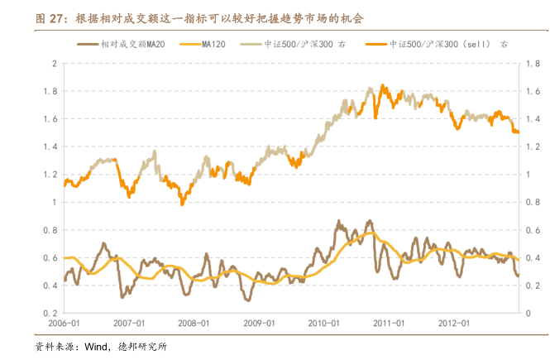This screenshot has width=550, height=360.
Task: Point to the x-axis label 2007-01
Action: pos(129,324)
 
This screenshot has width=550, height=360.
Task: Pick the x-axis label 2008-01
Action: pos(194,324)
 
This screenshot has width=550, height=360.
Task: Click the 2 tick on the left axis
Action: pos(54,63)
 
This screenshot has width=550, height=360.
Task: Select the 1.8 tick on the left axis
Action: pos(51,91)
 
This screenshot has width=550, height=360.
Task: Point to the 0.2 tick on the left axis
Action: pos(51,313)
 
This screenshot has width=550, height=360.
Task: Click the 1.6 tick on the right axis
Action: pos(524,91)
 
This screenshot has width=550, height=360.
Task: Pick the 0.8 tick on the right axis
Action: pos(524,202)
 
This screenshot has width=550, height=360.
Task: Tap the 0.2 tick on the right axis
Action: pos(524,286)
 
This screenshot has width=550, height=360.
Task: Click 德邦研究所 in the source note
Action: pos(141,346)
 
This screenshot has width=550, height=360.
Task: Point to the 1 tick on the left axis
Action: pos(54,202)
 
